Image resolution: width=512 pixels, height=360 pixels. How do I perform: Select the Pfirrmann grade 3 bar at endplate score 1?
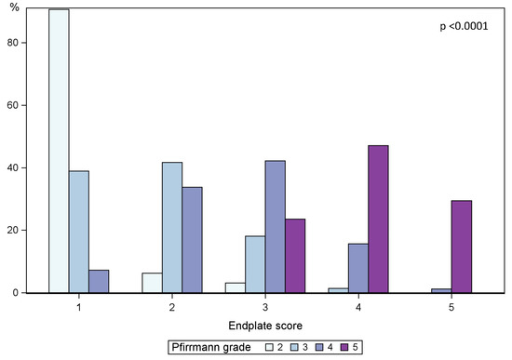coord(79,232)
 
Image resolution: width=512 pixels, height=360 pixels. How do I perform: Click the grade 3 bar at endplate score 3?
coord(254,264)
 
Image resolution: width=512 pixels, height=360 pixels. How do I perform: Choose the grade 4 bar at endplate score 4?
coord(357,268)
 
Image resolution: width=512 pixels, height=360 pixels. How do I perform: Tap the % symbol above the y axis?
coord(14,8)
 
